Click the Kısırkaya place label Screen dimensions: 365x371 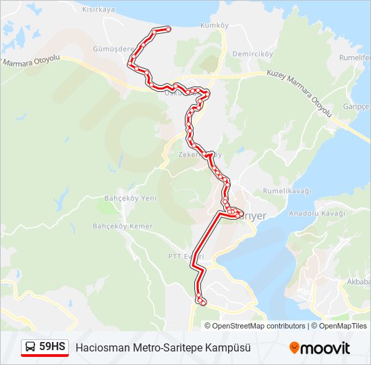(x=98, y=9)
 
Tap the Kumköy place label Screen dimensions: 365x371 (x=215, y=26)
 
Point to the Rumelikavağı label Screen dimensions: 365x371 (x=287, y=191)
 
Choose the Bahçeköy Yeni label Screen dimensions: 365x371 (x=130, y=198)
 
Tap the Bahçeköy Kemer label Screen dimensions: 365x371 (x=123, y=226)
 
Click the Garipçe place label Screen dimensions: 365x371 (x=357, y=107)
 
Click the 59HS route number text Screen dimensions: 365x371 (x=53, y=347)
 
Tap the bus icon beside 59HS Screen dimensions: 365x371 (x=30, y=347)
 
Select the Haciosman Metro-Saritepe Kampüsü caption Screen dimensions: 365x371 (x=163, y=347)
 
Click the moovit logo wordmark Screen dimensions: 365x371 (x=326, y=348)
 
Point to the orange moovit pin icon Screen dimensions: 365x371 (x=294, y=347)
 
